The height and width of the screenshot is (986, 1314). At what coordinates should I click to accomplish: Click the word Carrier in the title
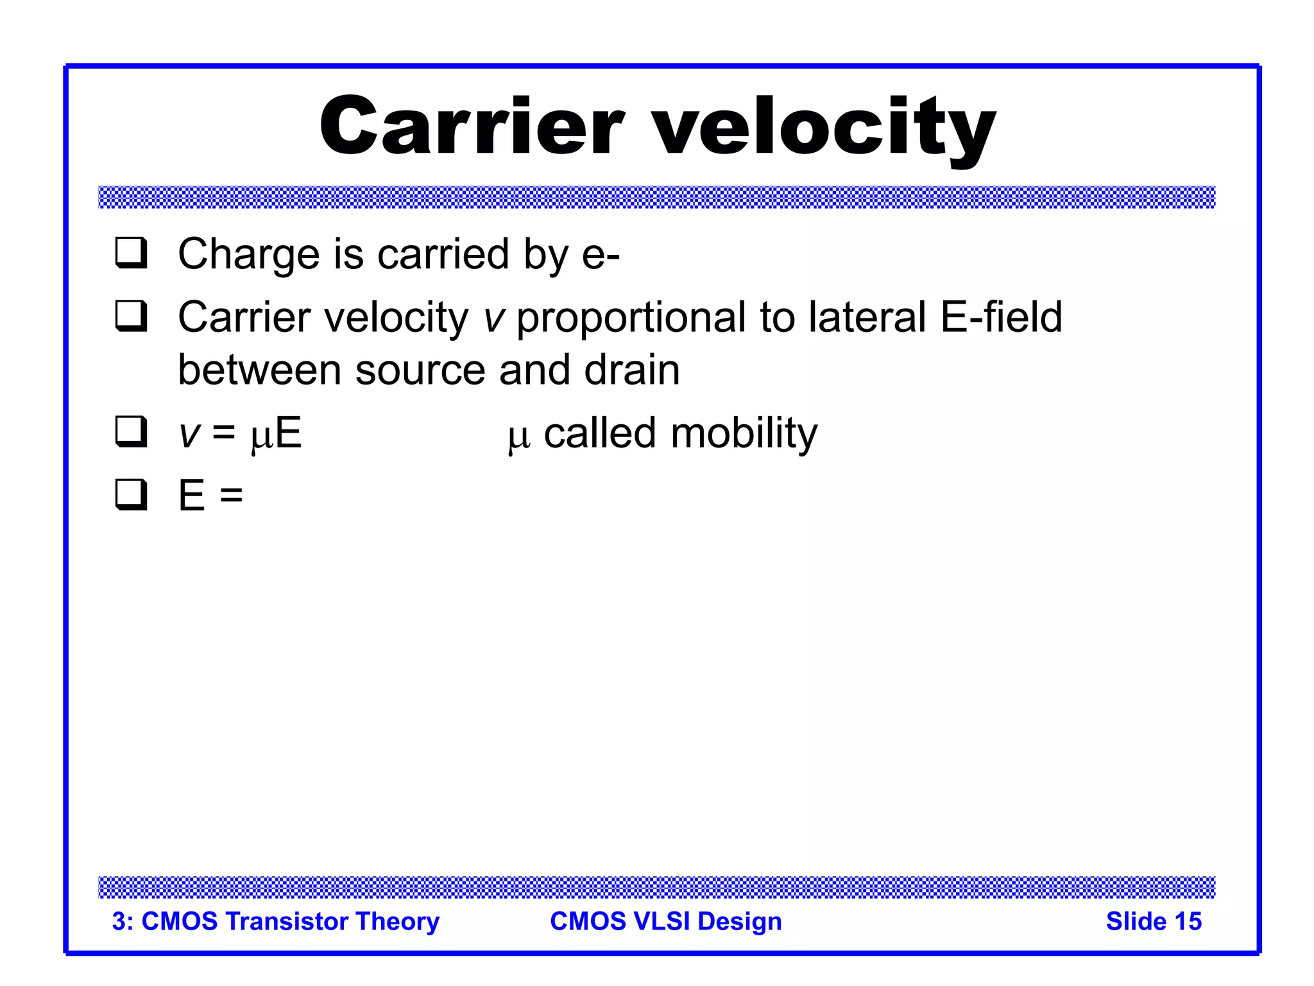click(472, 126)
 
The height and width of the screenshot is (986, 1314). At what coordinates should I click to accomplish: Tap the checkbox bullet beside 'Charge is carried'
click(132, 253)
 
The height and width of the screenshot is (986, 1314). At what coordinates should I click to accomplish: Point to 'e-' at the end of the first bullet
click(601, 255)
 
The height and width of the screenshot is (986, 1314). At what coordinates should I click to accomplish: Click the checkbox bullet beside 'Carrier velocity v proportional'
click(132, 316)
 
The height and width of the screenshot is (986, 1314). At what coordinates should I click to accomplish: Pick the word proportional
click(631, 319)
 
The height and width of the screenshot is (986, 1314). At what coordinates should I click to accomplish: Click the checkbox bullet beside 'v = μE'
click(132, 431)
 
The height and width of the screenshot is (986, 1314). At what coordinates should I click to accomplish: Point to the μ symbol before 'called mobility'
click(519, 436)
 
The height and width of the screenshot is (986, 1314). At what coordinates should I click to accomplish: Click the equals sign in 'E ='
click(231, 496)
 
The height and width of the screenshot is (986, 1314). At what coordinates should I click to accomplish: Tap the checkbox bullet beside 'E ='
click(132, 494)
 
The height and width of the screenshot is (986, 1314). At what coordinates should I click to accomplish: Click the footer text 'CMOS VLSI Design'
click(666, 921)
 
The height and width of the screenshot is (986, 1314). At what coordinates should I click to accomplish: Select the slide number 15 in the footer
click(1187, 921)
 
